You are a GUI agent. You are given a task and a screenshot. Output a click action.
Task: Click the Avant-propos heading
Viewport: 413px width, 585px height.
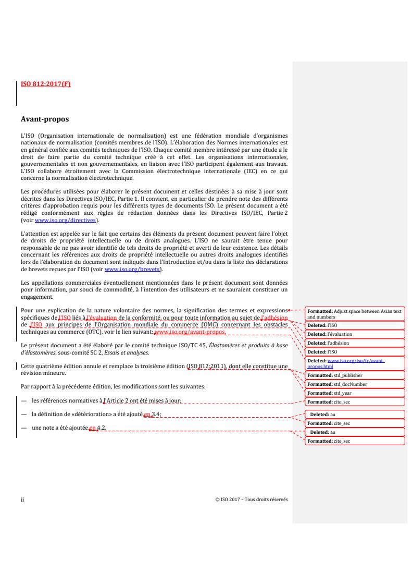44,119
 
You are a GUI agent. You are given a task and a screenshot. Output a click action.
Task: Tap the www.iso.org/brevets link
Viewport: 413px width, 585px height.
132,269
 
